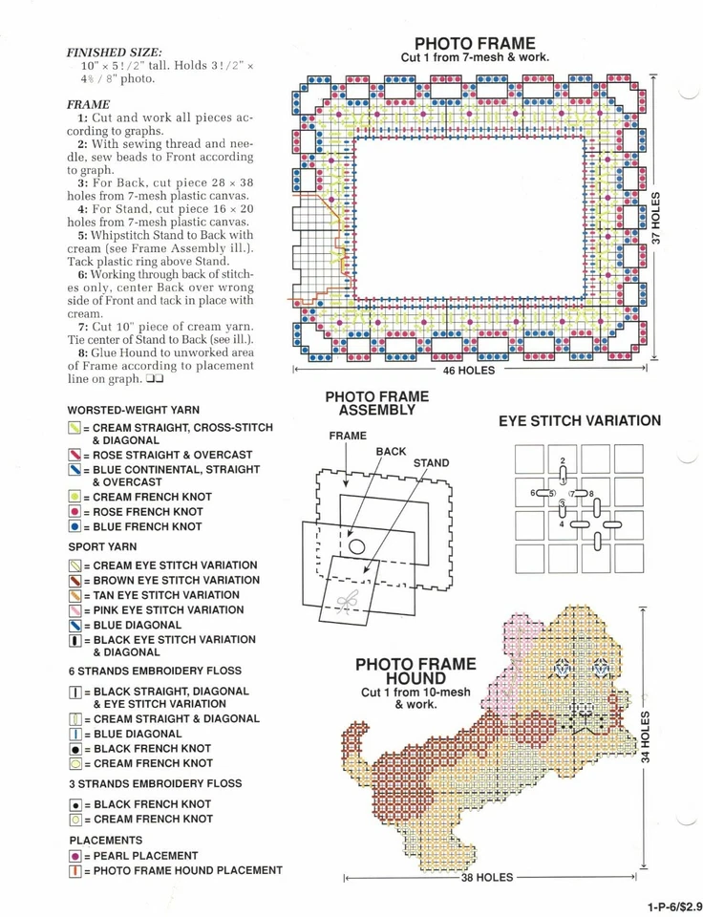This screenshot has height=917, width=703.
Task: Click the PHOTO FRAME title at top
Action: [475, 43]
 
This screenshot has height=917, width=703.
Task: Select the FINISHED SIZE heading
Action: [114, 52]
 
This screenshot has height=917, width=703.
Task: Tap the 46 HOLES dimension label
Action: [468, 371]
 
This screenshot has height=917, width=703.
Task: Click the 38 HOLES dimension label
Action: [487, 877]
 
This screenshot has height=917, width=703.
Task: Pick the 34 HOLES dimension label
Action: [646, 736]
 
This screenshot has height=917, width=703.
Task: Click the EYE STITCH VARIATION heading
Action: [579, 420]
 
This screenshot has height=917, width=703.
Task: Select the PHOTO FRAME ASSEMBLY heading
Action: [377, 403]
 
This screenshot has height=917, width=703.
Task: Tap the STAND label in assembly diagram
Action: [431, 463]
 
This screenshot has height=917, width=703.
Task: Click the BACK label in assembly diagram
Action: [391, 451]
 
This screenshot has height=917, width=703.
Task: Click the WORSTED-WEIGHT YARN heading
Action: [134, 409]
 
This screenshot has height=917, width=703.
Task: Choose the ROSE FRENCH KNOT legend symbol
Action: [75, 512]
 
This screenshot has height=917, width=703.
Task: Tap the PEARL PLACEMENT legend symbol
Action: [75, 856]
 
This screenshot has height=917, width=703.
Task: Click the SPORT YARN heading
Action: [102, 547]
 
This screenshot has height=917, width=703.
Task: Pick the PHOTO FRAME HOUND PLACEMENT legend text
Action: [187, 870]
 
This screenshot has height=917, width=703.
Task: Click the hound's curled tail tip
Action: [355, 733]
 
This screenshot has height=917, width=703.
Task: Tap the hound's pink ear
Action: [522, 635]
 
